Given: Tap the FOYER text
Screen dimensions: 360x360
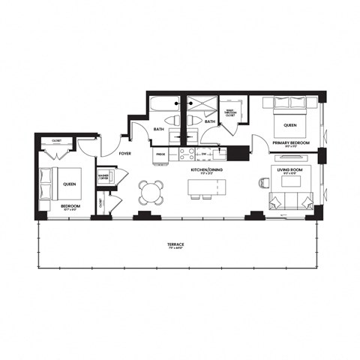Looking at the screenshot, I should (126, 153).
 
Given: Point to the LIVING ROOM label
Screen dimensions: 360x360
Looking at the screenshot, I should (288, 169).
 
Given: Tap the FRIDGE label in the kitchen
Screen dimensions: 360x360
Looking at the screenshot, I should (160, 154).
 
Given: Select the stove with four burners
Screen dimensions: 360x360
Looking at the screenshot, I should (185, 154).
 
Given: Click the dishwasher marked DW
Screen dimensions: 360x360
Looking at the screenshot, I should (202, 154).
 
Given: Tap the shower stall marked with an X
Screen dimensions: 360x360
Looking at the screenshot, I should (201, 105).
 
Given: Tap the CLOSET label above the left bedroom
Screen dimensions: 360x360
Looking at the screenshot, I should (56, 140).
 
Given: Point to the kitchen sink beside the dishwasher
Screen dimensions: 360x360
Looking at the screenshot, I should (219, 154).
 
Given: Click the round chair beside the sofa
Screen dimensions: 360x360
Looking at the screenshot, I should (263, 182).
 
